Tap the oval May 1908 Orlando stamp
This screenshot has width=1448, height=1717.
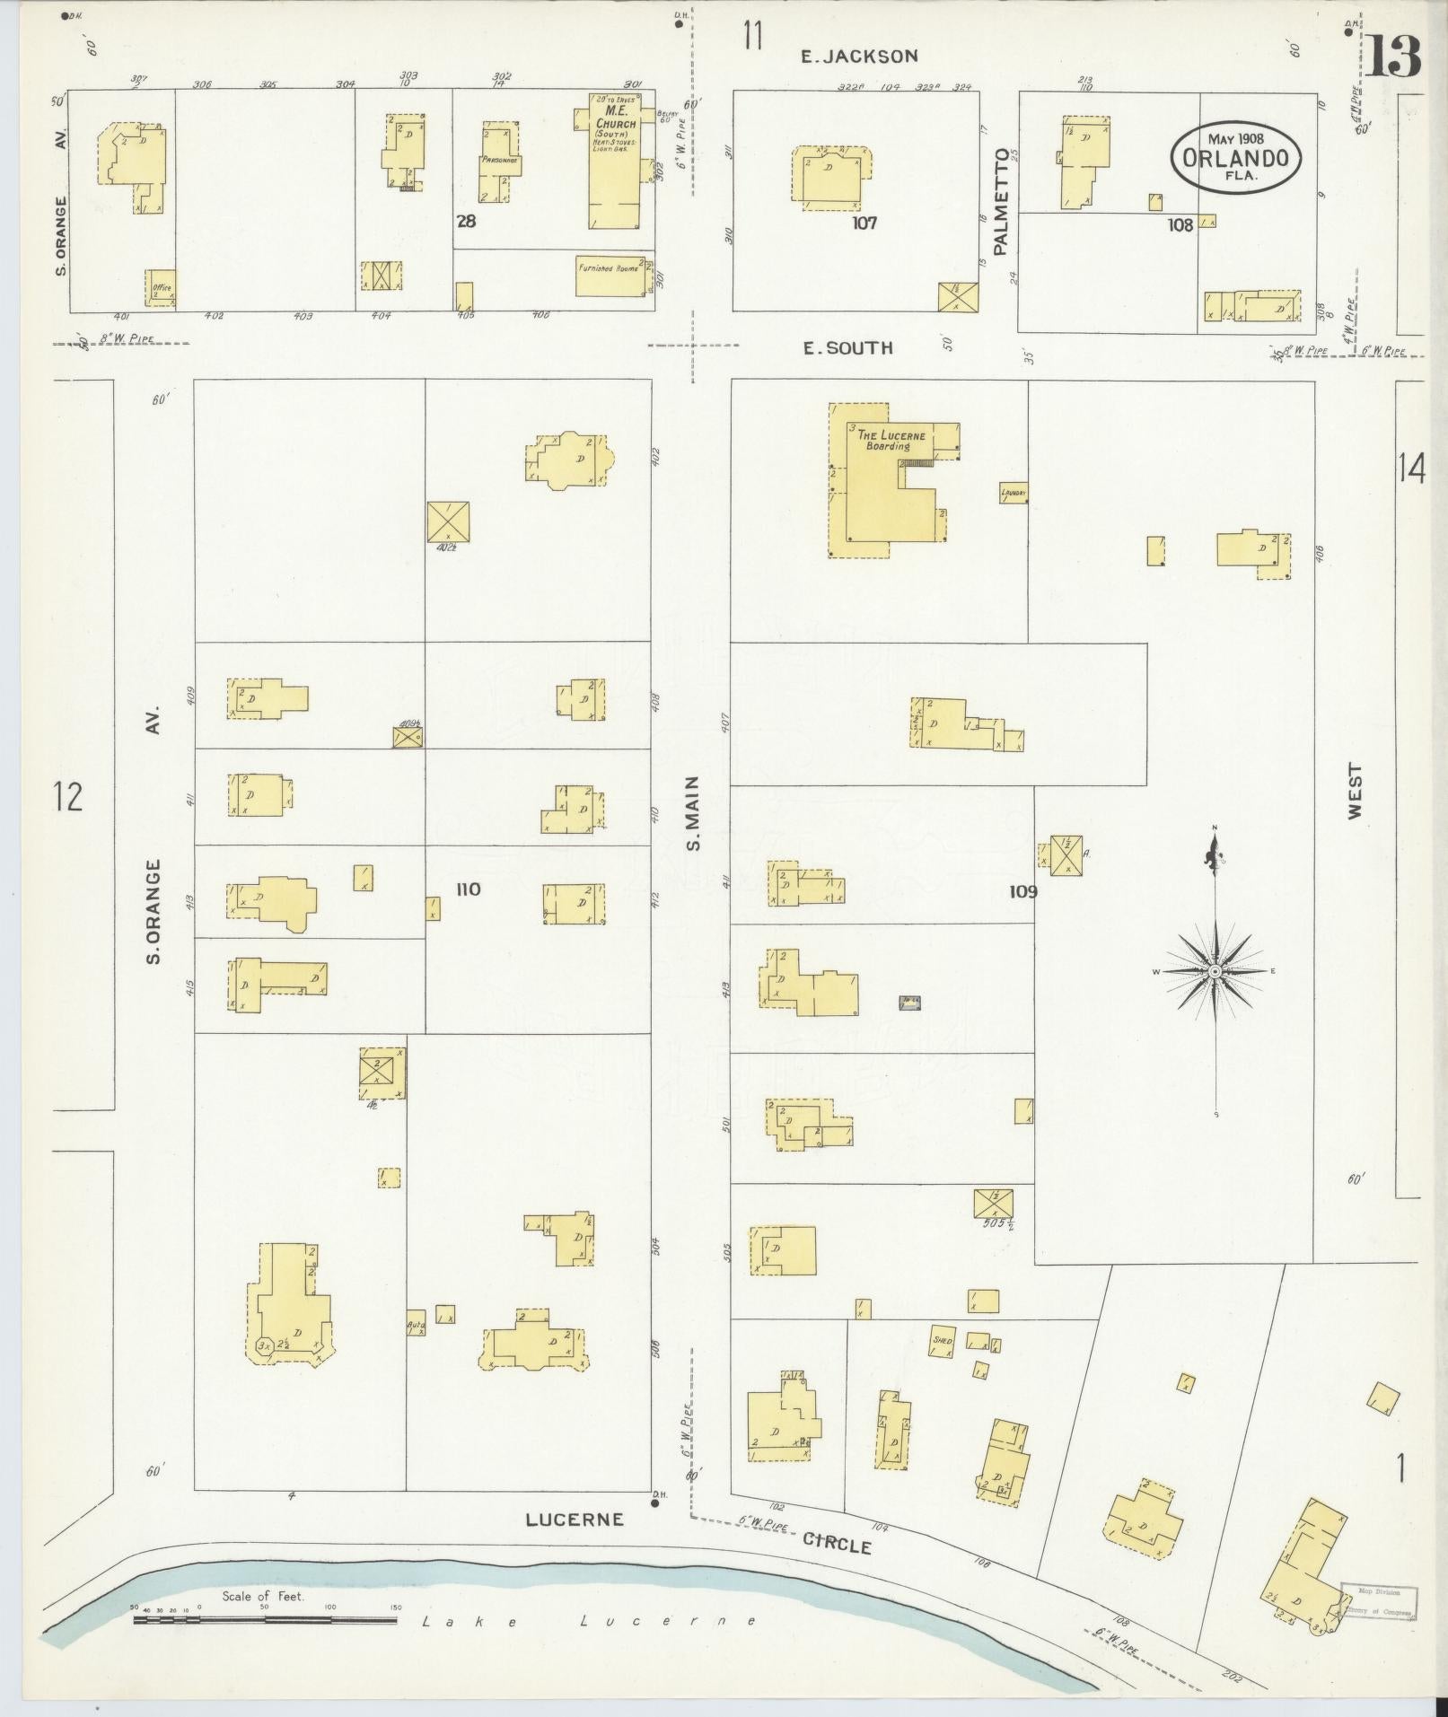1234,157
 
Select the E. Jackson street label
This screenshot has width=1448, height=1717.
859,57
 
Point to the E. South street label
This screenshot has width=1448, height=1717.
847,348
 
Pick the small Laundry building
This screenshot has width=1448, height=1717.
1014,494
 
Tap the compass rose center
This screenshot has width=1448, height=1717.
1215,971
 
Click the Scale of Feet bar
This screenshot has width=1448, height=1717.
265,992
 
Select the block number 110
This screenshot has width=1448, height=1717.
468,889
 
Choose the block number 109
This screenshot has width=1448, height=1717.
1022,891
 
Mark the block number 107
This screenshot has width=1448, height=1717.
864,223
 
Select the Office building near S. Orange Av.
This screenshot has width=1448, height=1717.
161,287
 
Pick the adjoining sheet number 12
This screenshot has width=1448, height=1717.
67,796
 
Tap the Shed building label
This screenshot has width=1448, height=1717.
942,1340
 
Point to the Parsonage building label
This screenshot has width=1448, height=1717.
496,159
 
